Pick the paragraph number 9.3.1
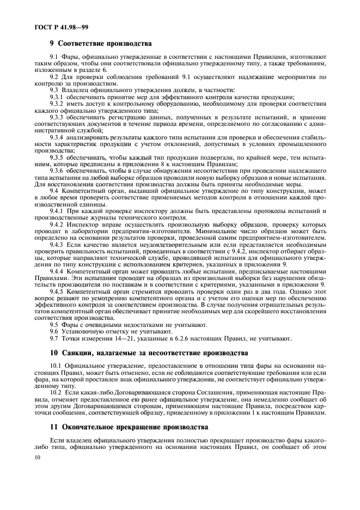(x=57, y=96)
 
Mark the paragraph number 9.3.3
(x=57, y=117)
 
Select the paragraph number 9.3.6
(x=57, y=171)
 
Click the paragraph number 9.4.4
(x=57, y=271)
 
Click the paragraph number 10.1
(x=56, y=365)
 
